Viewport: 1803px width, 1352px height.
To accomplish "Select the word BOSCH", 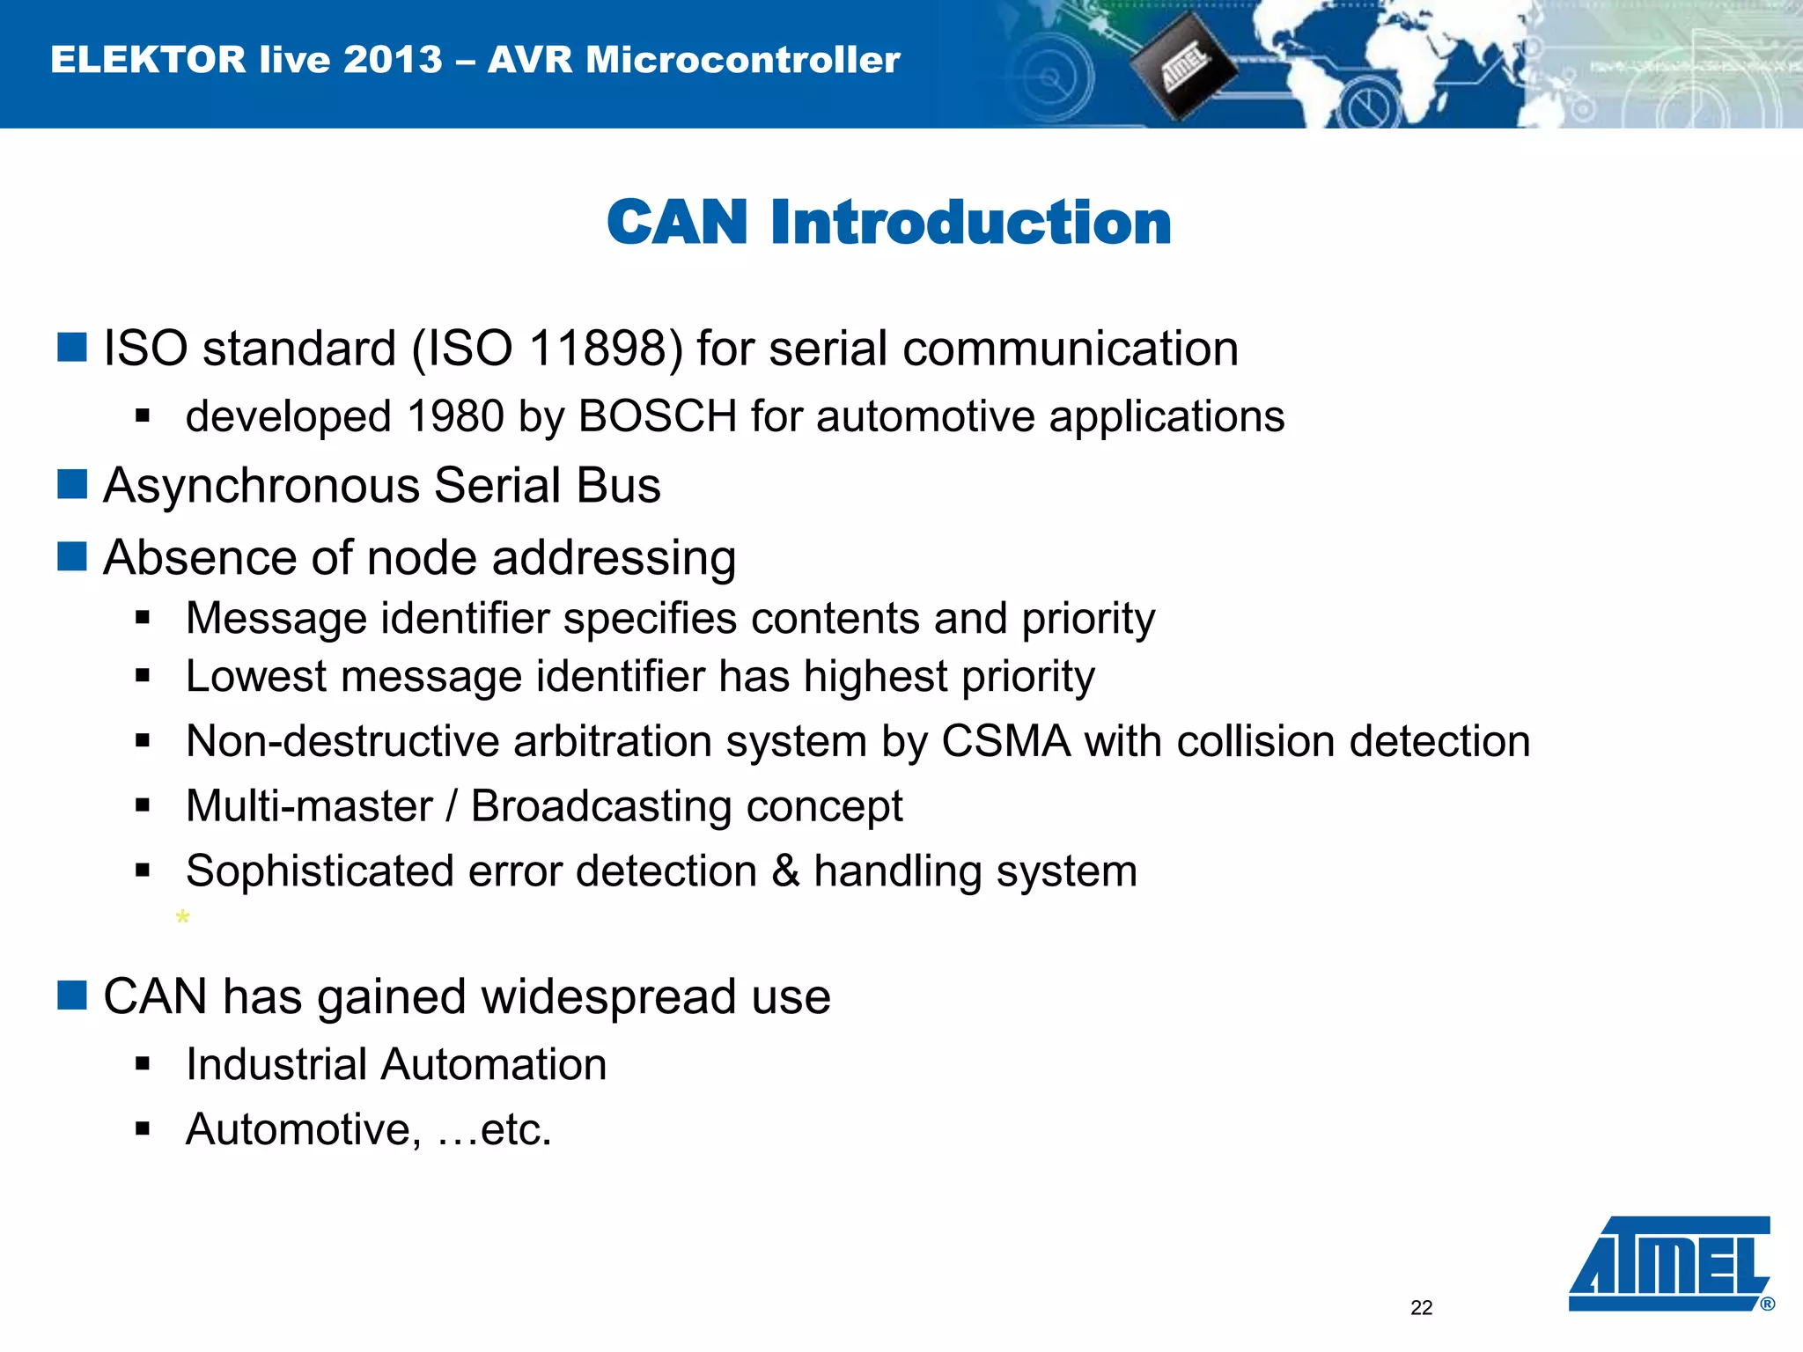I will [x=657, y=416].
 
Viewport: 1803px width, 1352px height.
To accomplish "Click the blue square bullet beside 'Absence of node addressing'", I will [x=72, y=557].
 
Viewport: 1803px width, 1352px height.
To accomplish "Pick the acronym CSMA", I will [x=1005, y=741].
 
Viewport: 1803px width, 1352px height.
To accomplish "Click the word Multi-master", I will [x=309, y=806].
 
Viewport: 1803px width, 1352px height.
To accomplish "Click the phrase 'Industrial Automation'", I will [x=396, y=1065].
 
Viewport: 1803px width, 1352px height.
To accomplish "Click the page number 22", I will [x=1421, y=1308].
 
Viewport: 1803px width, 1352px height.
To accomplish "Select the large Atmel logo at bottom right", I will [x=1669, y=1263].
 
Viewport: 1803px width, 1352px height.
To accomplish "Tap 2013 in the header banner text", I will [x=393, y=60].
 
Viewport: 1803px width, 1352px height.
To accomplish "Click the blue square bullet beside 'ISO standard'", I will [x=72, y=348].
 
